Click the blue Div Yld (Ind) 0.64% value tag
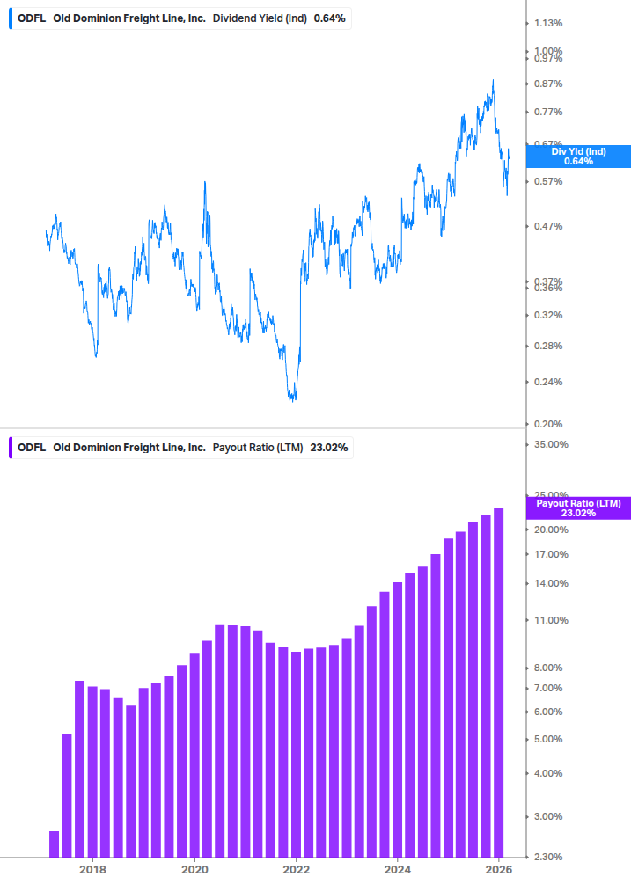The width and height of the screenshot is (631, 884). tap(578, 157)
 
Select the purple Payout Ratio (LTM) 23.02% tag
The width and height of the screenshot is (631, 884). tap(578, 508)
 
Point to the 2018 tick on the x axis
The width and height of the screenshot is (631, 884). tap(92, 870)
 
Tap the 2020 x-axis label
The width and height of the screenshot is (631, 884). tap(194, 870)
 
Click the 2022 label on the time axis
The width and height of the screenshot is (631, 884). tap(297, 870)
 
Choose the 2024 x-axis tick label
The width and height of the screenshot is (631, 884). tap(398, 870)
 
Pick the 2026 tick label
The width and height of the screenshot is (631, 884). tap(499, 870)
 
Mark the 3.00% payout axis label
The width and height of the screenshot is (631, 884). tap(547, 816)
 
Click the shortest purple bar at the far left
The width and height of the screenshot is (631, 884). tap(55, 844)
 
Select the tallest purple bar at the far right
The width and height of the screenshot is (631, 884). tap(498, 682)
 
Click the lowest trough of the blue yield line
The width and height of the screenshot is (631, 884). tap(293, 400)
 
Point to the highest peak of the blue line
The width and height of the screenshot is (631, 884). tap(493, 80)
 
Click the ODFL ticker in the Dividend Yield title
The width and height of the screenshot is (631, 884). tap(32, 18)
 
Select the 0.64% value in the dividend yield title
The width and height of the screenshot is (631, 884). tap(329, 18)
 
